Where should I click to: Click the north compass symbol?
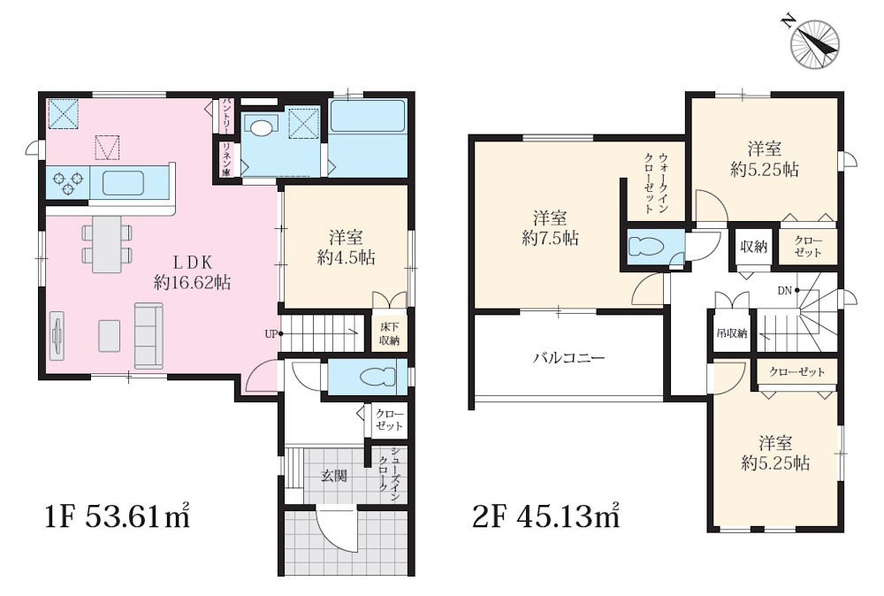(815, 44)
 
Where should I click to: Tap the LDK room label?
(192, 263)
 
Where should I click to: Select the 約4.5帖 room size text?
(347, 257)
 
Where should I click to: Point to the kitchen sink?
(123, 183)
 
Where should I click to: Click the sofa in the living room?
(149, 336)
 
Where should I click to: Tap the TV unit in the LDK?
(57, 335)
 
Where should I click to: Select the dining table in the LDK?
(107, 244)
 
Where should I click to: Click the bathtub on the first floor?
(368, 116)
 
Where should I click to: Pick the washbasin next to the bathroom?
(260, 127)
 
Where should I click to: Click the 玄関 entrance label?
(334, 476)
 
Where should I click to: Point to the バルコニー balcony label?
(568, 357)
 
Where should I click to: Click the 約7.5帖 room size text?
(550, 238)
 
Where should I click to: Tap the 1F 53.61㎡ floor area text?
(118, 516)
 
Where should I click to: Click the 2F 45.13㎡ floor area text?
(546, 516)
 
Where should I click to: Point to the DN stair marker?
(785, 291)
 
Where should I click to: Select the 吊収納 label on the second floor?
(732, 333)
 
